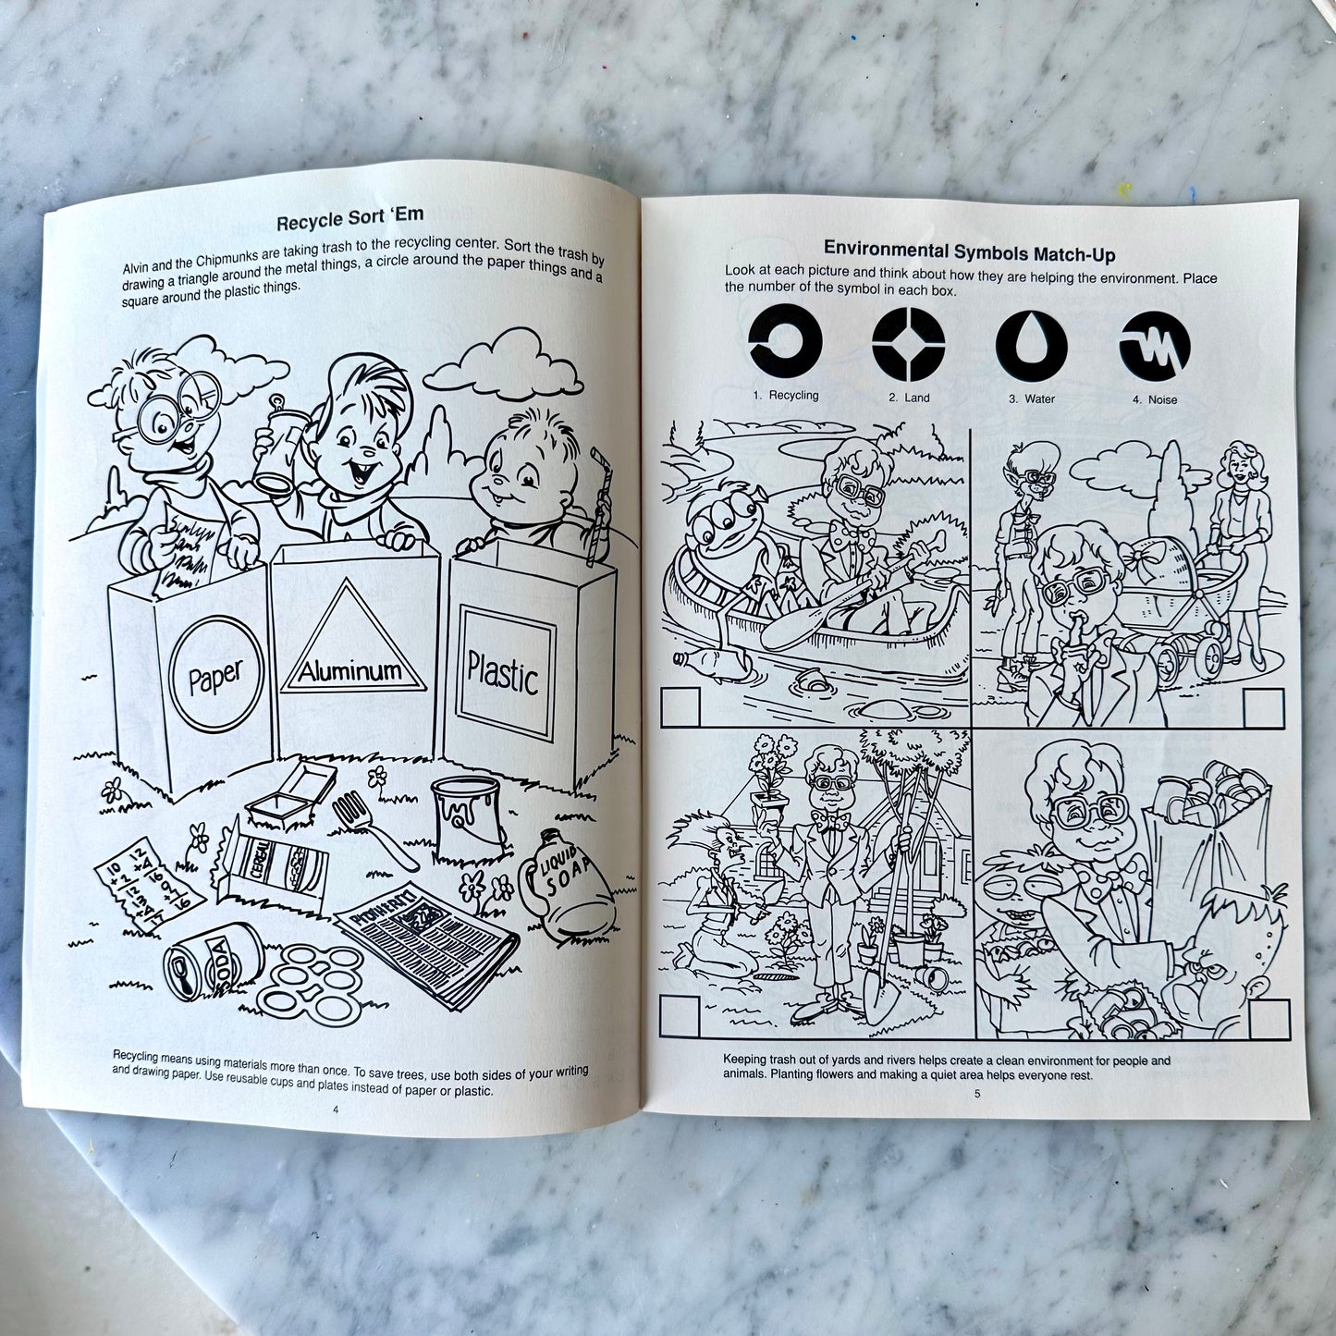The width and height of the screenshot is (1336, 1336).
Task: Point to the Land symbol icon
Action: click(908, 345)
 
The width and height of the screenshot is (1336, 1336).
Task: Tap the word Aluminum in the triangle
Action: click(349, 669)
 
